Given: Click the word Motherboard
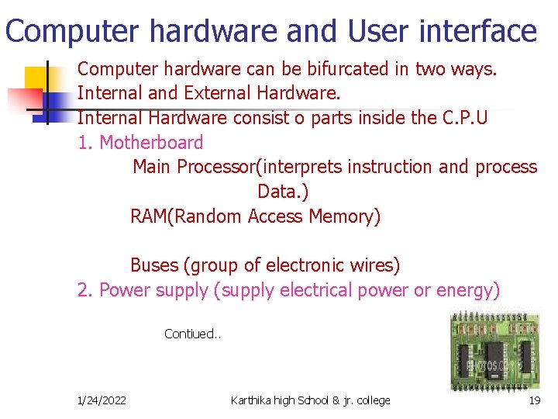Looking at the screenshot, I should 152,143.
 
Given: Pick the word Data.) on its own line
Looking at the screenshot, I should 283,192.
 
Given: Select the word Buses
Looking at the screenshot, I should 153,265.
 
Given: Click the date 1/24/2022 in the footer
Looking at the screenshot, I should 102,400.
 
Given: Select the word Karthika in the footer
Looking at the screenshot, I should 252,400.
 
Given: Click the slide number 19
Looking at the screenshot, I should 534,400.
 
